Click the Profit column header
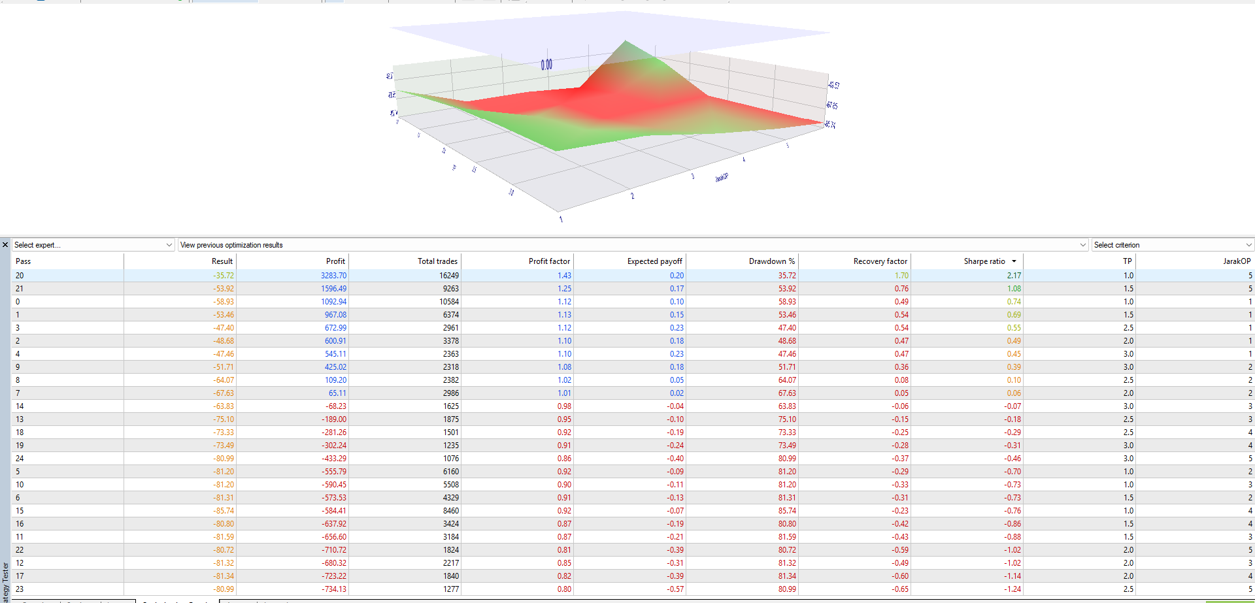(335, 261)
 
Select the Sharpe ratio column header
(984, 261)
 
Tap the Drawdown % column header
(771, 261)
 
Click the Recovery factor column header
(880, 261)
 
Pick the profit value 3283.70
(333, 276)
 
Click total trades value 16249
(449, 276)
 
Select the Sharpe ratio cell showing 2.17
(1014, 276)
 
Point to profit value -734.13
(334, 589)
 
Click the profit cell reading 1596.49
(333, 289)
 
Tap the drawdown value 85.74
(787, 511)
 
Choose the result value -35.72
(223, 276)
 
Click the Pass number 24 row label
(20, 459)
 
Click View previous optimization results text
(231, 245)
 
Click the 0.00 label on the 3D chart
(546, 65)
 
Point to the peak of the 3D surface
(626, 42)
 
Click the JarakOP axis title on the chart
(722, 177)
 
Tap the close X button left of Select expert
(5, 245)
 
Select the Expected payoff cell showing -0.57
(675, 589)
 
